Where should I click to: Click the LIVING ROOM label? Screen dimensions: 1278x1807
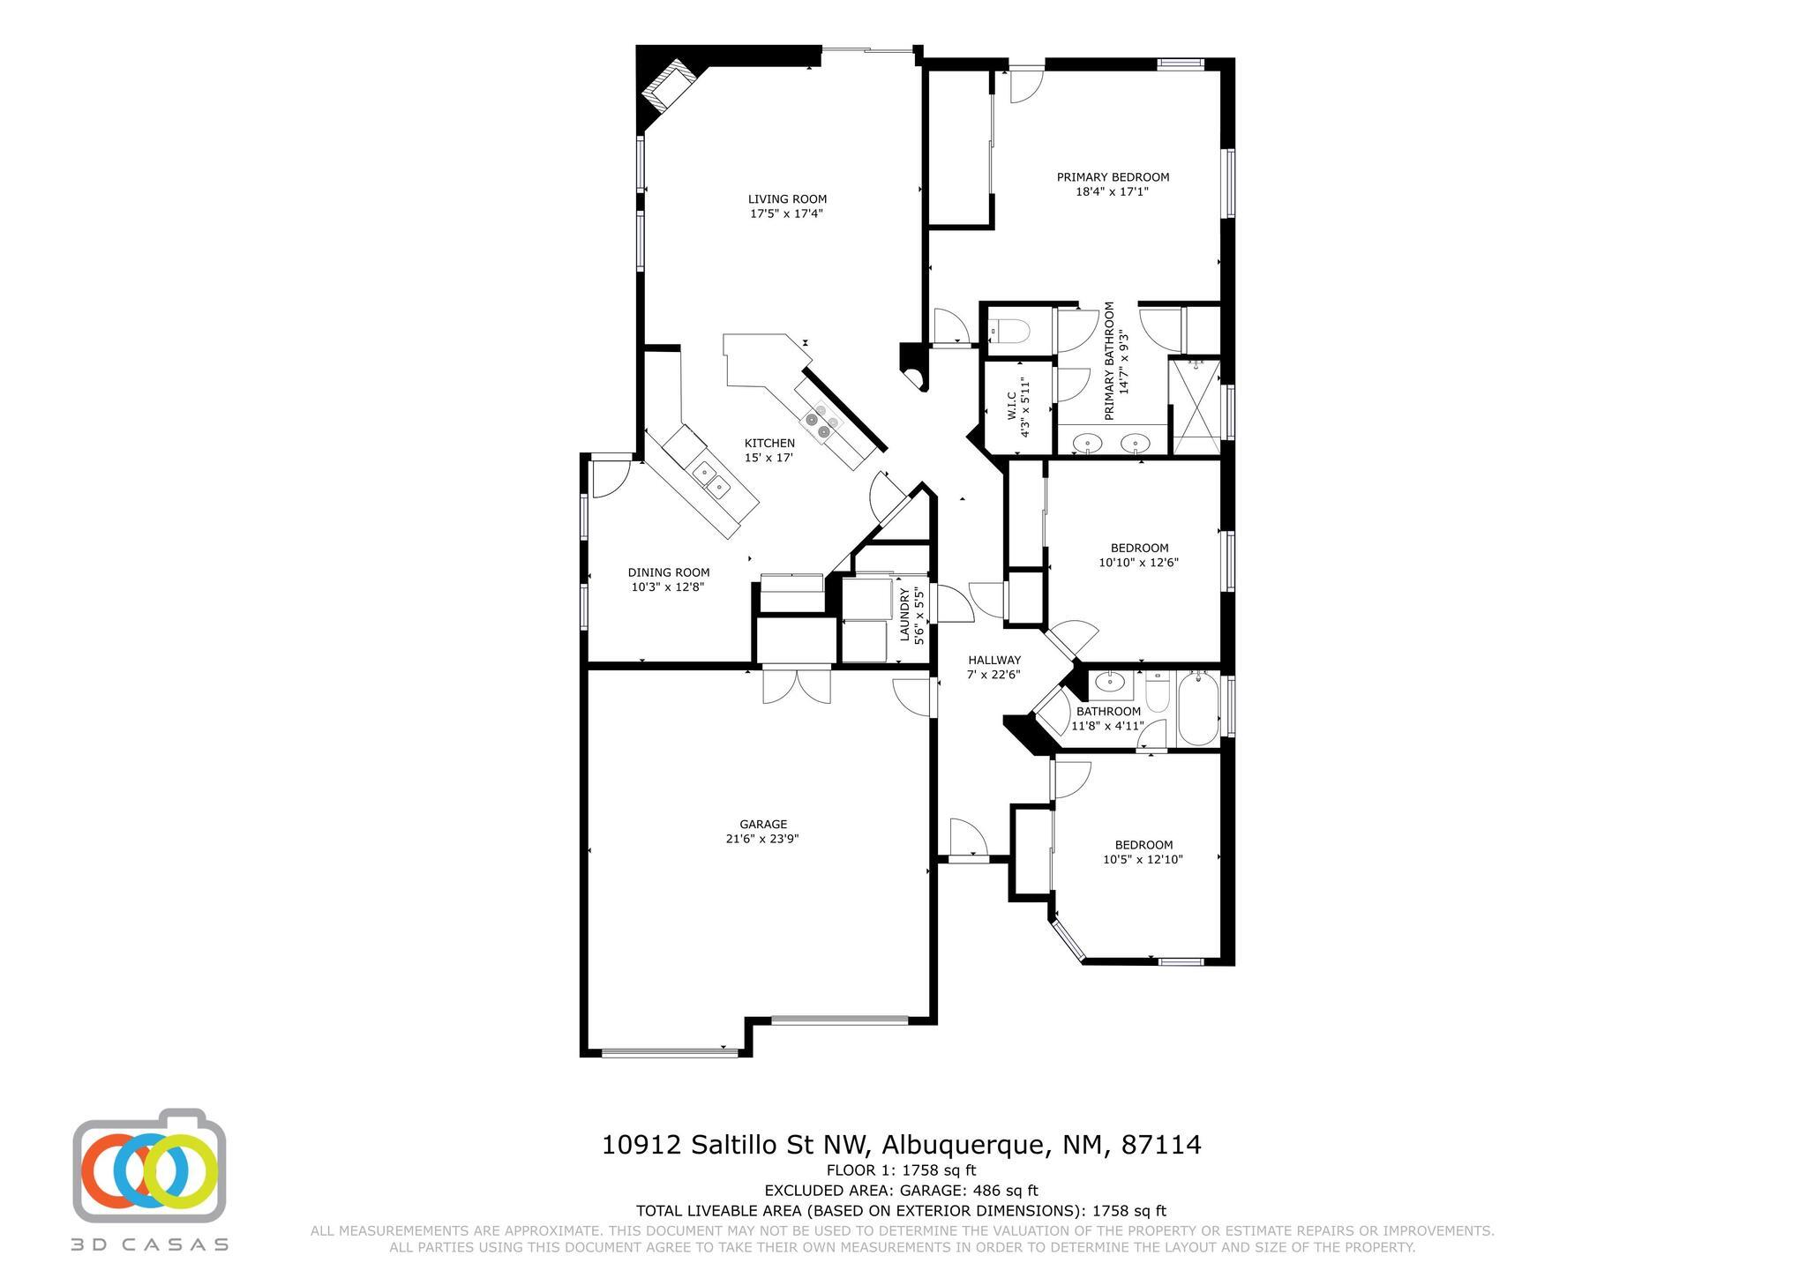click(x=787, y=199)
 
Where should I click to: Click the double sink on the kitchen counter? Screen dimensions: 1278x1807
click(x=712, y=479)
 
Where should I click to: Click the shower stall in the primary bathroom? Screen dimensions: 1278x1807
click(x=1195, y=407)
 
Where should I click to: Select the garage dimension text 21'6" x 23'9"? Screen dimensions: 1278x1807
click(x=762, y=839)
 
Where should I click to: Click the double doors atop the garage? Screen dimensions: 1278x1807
click(x=797, y=686)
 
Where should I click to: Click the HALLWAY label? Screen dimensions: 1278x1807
click(x=994, y=660)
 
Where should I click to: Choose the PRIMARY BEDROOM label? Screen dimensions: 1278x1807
click(x=1113, y=177)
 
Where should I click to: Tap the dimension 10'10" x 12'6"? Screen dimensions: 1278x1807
click(x=1139, y=562)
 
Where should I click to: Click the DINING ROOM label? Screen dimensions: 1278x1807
click(x=668, y=572)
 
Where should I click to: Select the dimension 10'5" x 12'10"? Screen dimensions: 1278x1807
click(x=1143, y=859)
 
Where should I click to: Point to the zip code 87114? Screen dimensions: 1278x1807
click(x=1161, y=1145)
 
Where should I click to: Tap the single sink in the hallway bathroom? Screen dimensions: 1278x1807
click(x=1107, y=683)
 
